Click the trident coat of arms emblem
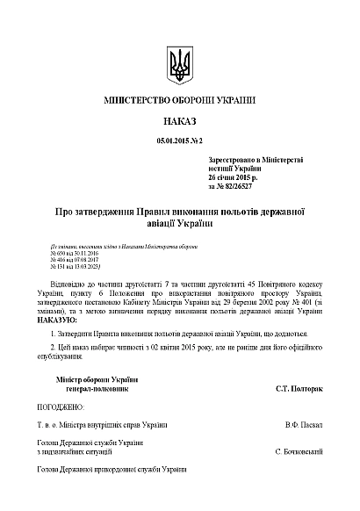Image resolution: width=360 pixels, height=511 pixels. pyautogui.click(x=179, y=64)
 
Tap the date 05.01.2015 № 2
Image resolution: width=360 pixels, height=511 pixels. pyautogui.click(x=179, y=140)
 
